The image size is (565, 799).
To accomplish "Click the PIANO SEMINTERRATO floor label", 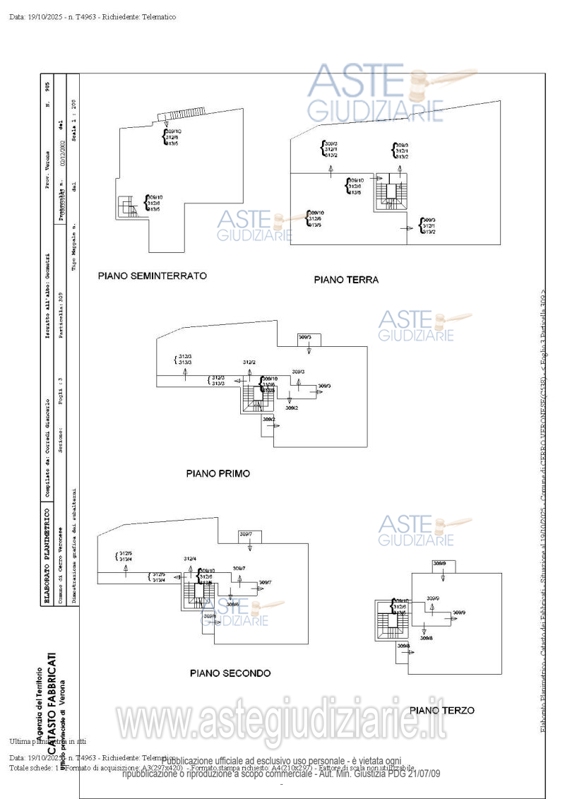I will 152,276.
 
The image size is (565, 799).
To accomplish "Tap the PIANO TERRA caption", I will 346,280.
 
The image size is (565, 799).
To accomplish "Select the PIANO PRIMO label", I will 218,473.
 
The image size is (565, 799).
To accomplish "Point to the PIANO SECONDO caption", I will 230,673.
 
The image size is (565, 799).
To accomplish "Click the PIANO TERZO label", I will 441,710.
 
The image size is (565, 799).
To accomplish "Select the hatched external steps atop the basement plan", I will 181,114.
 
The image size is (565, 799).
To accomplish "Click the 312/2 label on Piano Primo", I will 249,362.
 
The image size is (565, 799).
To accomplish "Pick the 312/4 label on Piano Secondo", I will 189,559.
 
